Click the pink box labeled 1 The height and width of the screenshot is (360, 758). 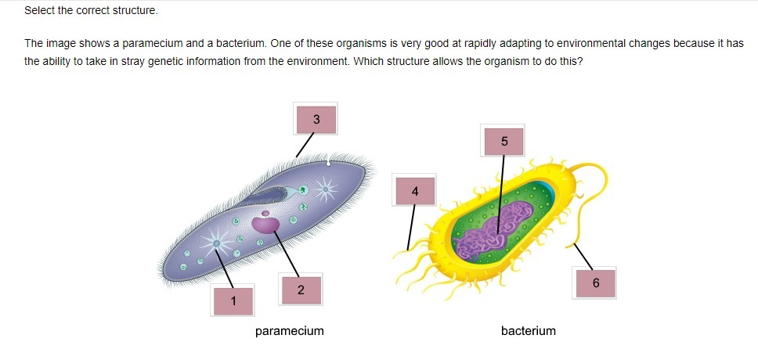coord(233,300)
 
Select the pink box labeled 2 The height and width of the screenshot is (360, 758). coord(301,289)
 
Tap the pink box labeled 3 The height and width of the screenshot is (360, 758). coord(316,119)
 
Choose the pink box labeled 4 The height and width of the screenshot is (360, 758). coord(415,191)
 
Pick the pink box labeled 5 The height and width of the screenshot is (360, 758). coord(504,141)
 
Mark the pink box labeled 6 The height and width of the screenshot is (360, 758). coord(595,283)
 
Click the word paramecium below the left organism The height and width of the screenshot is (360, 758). coord(289,331)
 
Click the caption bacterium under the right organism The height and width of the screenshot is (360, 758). coord(528,331)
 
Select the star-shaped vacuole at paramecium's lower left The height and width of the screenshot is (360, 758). coord(216,243)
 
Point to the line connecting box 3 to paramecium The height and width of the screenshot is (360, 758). coord(304,145)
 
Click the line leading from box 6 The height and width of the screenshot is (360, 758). coord(583,254)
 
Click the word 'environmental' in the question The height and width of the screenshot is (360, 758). coord(492,44)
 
